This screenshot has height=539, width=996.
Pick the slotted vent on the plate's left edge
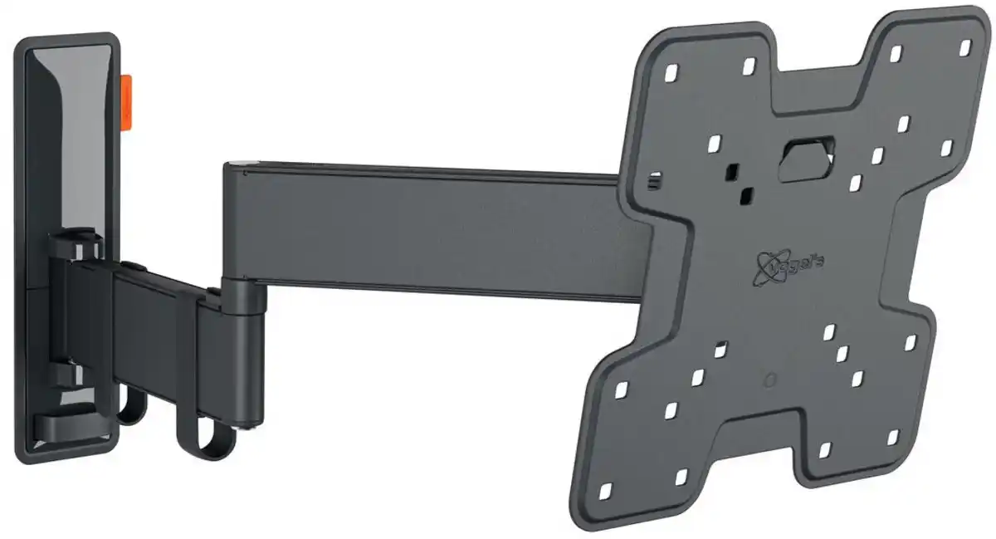[x=655, y=178]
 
